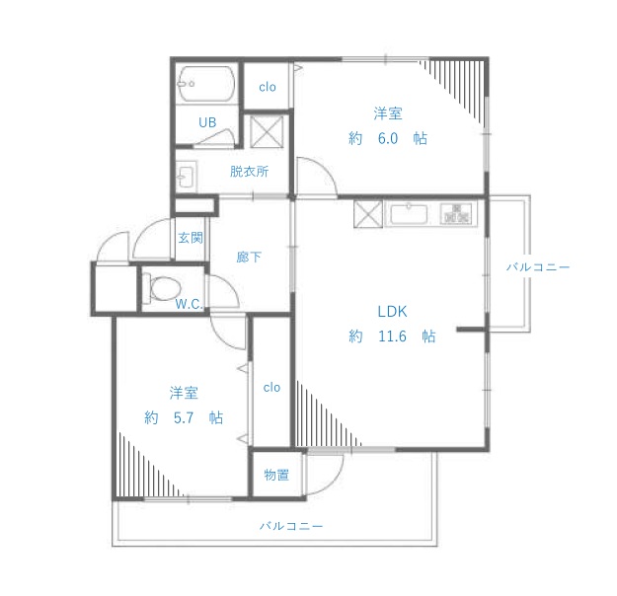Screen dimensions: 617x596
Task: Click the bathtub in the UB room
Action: coord(205,84)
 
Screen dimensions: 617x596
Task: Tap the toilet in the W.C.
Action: coord(162,288)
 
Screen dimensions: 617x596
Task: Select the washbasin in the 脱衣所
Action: coord(186,176)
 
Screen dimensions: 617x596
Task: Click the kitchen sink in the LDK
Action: coord(409,214)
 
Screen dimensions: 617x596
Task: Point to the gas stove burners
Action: coord(456,213)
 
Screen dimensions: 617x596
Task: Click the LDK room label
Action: coord(392,312)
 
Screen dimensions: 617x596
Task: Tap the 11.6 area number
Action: coord(392,336)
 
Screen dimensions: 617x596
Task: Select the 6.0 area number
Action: coord(388,138)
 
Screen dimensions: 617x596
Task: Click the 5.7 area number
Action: coord(184,417)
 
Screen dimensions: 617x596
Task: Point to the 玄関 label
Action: coord(191,238)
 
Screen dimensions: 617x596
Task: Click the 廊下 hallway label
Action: coord(249,257)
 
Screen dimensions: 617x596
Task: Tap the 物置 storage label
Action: coord(276,475)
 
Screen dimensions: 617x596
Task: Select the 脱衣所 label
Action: coord(249,171)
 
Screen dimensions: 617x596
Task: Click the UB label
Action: coord(207,122)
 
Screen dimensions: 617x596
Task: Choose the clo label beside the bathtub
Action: coord(268,87)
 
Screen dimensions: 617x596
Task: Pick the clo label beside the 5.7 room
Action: coord(271,388)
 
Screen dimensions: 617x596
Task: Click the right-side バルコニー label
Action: coord(538,267)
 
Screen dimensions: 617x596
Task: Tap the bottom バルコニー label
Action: coord(291,526)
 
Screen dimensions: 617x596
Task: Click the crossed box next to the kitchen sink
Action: coord(368,214)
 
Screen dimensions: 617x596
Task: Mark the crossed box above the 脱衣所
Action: coord(267,131)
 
